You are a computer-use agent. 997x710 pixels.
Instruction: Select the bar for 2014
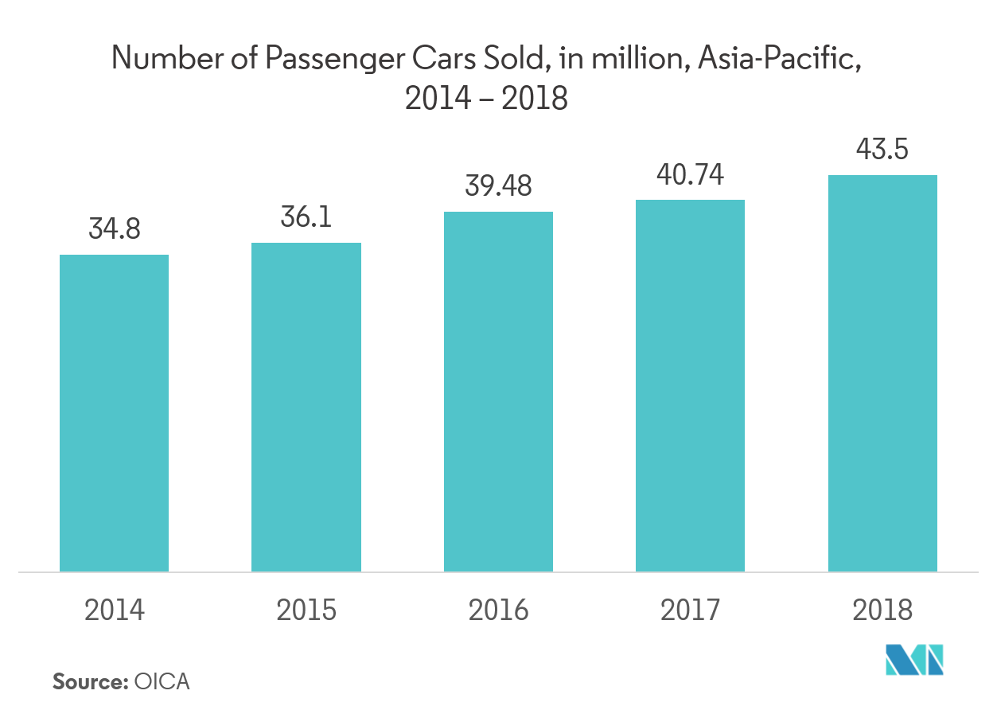point(114,412)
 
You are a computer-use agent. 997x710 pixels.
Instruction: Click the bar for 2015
point(306,407)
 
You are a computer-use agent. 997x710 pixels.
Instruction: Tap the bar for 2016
point(498,391)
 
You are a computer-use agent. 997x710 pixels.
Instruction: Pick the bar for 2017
point(691,385)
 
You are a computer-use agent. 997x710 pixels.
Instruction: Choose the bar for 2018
point(882,373)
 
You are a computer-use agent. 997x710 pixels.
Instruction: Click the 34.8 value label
point(115,229)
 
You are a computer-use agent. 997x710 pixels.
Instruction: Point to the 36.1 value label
point(306,217)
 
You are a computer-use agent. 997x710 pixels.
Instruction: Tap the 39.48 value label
point(498,186)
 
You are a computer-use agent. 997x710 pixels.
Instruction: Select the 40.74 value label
point(691,174)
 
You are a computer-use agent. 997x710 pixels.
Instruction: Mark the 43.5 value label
point(882,150)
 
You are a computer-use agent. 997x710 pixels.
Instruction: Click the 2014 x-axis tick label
point(115,611)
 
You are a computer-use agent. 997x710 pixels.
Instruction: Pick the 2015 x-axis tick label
point(306,611)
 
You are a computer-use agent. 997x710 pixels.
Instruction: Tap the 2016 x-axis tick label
point(498,611)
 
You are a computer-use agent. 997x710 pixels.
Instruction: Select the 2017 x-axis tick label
point(691,611)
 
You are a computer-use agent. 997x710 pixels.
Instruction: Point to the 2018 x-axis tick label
point(882,611)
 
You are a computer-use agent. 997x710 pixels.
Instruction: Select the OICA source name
point(162,682)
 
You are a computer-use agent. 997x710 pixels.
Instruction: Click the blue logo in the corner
point(915,660)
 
